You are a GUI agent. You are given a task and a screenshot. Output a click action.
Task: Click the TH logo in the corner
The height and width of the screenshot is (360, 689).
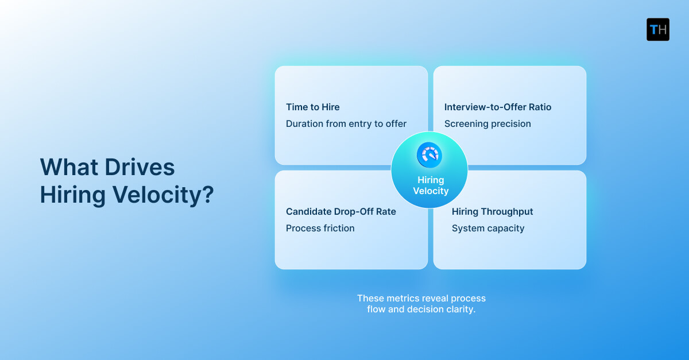click(x=657, y=29)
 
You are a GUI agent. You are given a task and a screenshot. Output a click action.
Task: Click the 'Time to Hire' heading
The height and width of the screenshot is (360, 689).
click(x=313, y=107)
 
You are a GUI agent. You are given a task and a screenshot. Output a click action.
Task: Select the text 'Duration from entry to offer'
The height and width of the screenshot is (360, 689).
click(x=346, y=123)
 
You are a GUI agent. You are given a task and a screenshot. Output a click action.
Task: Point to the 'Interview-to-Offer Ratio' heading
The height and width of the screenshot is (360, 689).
click(x=498, y=107)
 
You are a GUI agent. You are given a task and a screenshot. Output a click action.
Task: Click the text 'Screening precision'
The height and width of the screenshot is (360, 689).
click(x=487, y=123)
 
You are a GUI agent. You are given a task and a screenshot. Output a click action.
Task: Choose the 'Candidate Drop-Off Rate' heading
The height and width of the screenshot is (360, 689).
click(x=341, y=211)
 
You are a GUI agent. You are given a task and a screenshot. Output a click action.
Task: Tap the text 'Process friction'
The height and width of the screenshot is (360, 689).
click(x=320, y=228)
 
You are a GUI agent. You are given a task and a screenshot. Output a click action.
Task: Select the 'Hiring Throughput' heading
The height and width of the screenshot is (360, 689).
click(x=492, y=211)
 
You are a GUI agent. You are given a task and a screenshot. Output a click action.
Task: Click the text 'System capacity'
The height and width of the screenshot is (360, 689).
click(x=488, y=228)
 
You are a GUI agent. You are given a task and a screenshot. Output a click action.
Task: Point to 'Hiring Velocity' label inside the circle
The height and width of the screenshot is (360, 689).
click(x=430, y=185)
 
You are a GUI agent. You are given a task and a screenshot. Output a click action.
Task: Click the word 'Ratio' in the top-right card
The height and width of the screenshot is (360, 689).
click(x=539, y=107)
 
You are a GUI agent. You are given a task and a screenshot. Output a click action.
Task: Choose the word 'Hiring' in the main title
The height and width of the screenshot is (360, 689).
click(x=73, y=195)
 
